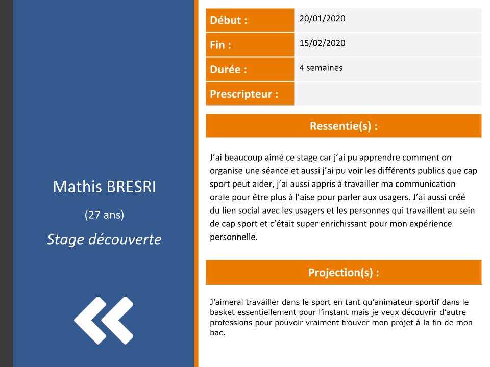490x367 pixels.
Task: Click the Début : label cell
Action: click(x=250, y=20)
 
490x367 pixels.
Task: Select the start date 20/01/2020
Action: click(x=322, y=18)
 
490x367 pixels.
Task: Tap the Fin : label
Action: click(x=220, y=45)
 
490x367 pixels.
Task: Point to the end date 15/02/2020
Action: click(x=322, y=43)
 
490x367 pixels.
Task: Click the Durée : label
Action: click(x=229, y=69)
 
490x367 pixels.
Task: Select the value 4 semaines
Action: click(x=321, y=68)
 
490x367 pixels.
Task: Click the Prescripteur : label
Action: click(x=244, y=94)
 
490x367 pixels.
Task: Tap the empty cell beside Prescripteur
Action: click(x=388, y=94)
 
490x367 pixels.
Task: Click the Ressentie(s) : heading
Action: click(x=344, y=126)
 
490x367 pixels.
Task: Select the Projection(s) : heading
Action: click(x=344, y=272)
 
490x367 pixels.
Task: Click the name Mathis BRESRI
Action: click(x=104, y=187)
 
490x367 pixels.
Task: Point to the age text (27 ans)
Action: click(x=104, y=215)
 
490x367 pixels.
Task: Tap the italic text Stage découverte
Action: click(x=104, y=240)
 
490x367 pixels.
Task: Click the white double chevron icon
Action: click(x=104, y=321)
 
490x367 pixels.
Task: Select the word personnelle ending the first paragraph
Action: click(x=233, y=237)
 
